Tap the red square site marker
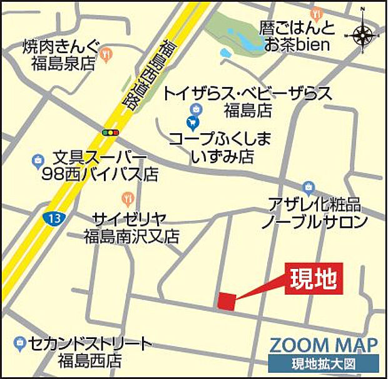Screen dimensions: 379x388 coord(227,301)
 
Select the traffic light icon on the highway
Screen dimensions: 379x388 coord(111,133)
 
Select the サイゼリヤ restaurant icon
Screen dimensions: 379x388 coord(128,200)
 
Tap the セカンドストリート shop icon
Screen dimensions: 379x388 coord(19,343)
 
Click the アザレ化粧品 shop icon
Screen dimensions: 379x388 coord(308,186)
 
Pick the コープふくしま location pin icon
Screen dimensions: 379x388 coord(193,121)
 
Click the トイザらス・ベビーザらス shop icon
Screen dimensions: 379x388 coord(196,109)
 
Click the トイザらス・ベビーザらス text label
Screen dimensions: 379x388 coord(247,94)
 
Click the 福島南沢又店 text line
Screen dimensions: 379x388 coord(132,236)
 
